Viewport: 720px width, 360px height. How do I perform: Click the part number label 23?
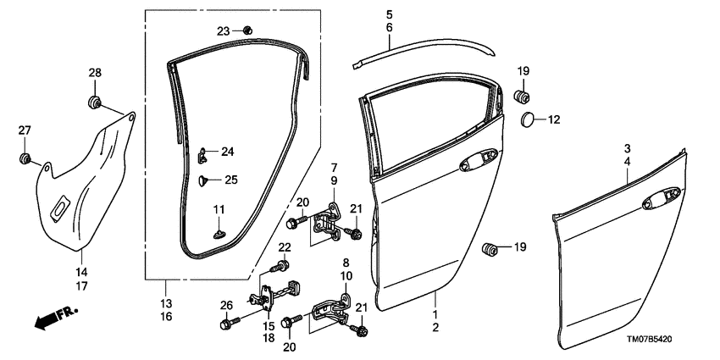[223, 30]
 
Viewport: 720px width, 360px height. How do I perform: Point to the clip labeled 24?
[204, 153]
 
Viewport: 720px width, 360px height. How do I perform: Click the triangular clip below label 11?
[219, 228]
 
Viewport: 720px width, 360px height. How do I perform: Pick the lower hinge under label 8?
[331, 313]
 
